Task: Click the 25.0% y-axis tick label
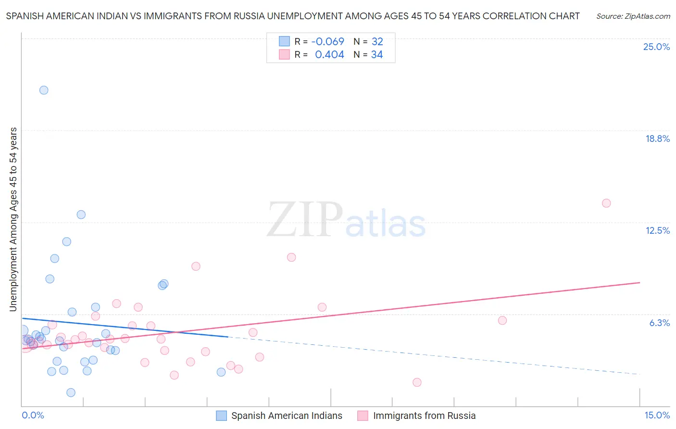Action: (x=656, y=47)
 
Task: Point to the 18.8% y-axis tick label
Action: (x=657, y=139)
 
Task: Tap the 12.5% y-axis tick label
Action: (x=657, y=230)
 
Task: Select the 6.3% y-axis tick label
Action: (x=659, y=323)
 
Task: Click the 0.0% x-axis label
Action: (x=33, y=415)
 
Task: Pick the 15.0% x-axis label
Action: (x=657, y=415)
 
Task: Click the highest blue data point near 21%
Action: (x=44, y=90)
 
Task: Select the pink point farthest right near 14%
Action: (x=606, y=203)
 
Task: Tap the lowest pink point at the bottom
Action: (x=417, y=382)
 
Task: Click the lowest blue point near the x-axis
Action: (x=71, y=392)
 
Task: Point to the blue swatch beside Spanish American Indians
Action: (x=221, y=416)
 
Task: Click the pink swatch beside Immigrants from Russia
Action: (x=363, y=416)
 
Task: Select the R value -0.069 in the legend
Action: (x=328, y=42)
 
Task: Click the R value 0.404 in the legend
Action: (x=329, y=55)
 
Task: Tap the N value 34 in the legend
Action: (x=377, y=55)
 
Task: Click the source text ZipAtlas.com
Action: (x=633, y=16)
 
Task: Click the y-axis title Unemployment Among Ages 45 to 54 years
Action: (x=13, y=219)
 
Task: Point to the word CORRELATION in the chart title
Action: (x=512, y=16)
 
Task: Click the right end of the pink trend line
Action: (x=639, y=282)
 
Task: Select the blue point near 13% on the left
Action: (x=81, y=214)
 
